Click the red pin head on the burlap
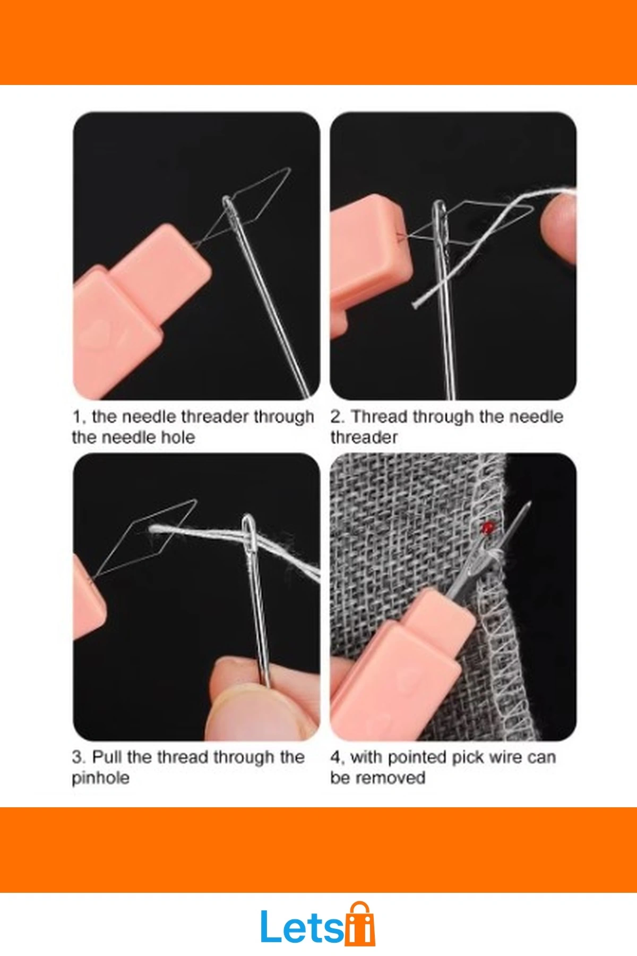tap(488, 527)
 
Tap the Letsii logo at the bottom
tap(317, 926)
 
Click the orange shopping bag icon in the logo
tap(360, 925)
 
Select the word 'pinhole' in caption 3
tap(101, 779)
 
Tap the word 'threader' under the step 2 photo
tap(364, 437)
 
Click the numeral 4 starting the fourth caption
tap(335, 757)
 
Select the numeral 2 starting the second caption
tap(335, 416)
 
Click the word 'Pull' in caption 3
tap(107, 757)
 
